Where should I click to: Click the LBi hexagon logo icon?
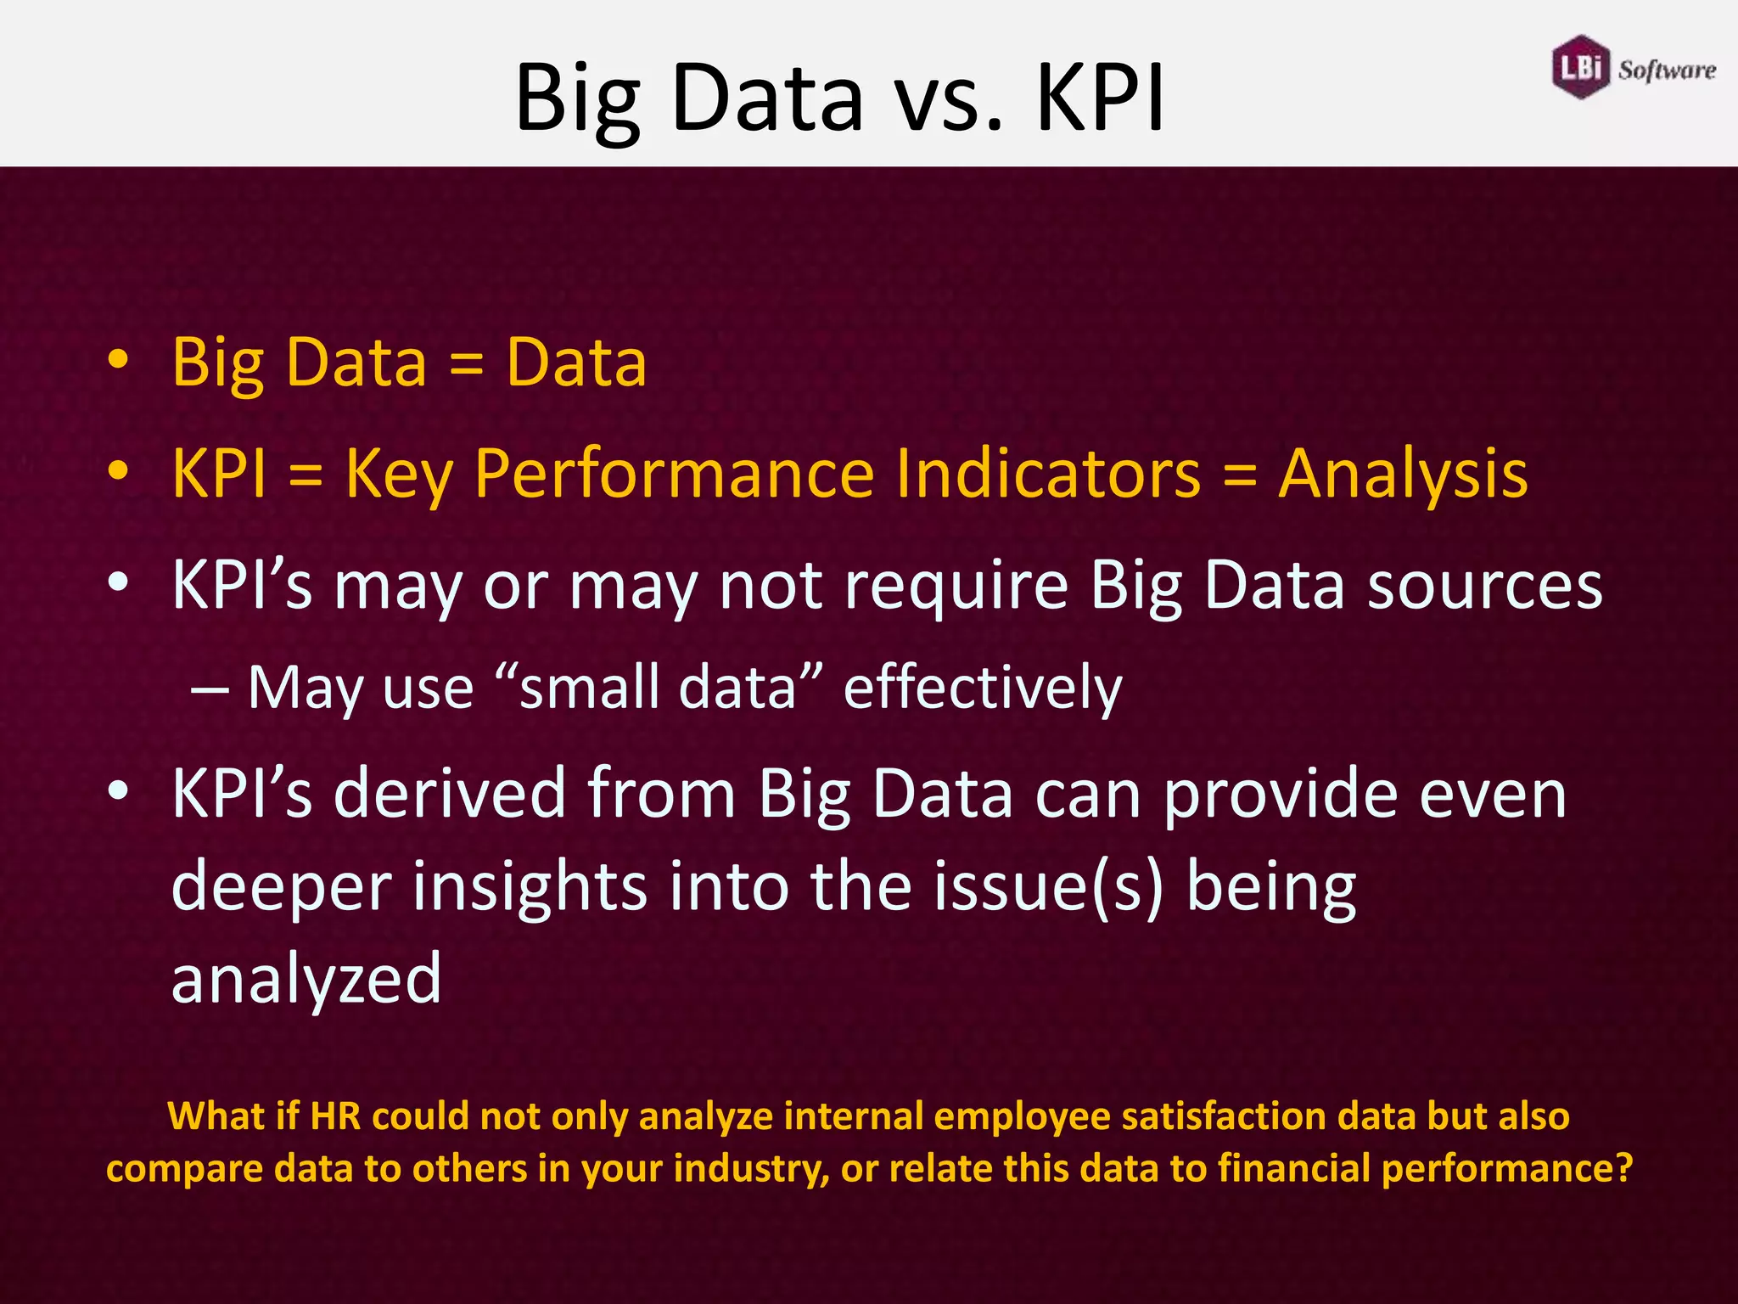point(1580,67)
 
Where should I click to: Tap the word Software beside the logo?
point(1667,70)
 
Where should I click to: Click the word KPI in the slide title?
point(1100,98)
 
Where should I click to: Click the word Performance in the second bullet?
point(674,473)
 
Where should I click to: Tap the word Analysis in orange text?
point(1403,473)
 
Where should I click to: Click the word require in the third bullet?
point(956,586)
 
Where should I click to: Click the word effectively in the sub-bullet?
point(983,687)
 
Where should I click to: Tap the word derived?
point(450,793)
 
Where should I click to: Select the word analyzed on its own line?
point(306,979)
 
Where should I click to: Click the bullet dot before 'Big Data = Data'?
point(118,360)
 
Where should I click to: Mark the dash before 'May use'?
point(209,689)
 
